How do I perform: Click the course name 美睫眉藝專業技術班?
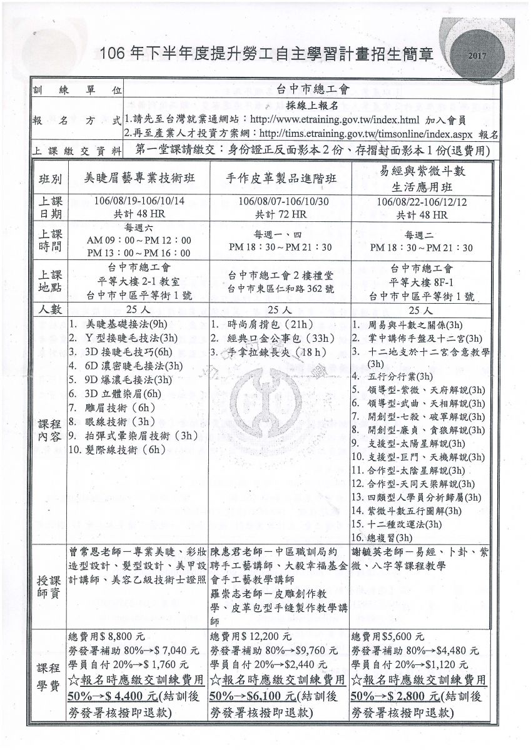coord(139,177)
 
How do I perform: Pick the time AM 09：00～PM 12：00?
coord(139,240)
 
